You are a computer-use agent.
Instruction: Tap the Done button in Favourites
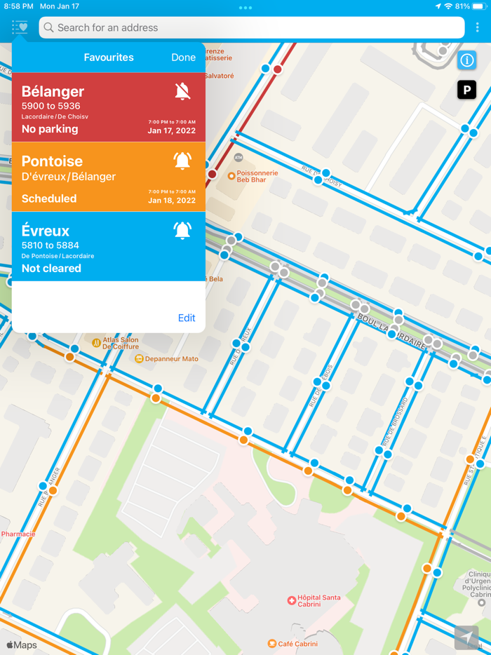(183, 58)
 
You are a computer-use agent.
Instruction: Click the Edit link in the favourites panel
(187, 318)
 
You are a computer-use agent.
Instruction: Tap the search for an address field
(253, 28)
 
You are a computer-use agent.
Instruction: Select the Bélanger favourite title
(53, 91)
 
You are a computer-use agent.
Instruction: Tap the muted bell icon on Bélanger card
(182, 90)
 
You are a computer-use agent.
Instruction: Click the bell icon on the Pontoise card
(182, 161)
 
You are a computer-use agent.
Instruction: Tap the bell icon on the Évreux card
(182, 230)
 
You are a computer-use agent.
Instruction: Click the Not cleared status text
(51, 269)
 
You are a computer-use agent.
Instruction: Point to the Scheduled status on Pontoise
(49, 198)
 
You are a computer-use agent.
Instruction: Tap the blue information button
(467, 60)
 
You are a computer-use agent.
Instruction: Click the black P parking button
(467, 90)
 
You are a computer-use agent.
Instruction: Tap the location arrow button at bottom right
(466, 637)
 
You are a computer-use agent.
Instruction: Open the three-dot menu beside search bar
(478, 28)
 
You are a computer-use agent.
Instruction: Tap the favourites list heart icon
(20, 28)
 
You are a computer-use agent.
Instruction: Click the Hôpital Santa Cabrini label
(318, 601)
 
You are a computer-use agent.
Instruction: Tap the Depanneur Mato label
(171, 359)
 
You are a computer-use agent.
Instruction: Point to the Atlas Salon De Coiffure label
(120, 343)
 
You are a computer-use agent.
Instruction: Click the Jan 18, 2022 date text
(172, 201)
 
